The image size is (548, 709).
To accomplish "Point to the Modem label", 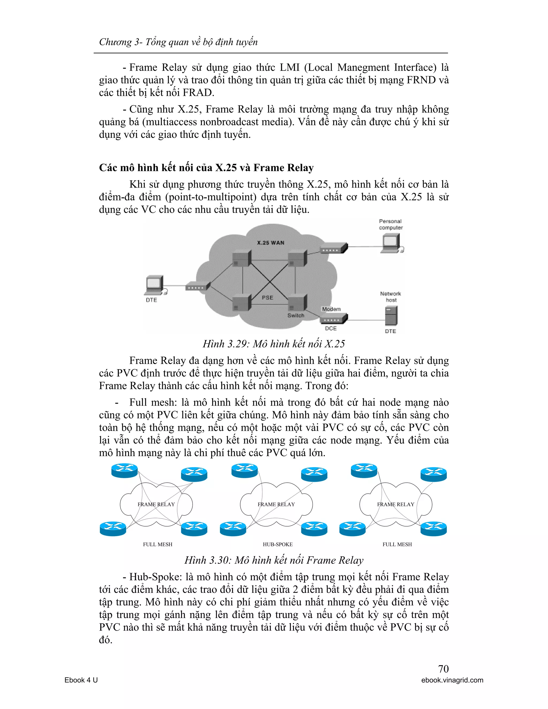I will tap(331, 309).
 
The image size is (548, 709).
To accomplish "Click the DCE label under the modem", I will tap(330, 328).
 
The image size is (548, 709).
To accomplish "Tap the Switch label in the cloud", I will tap(296, 315).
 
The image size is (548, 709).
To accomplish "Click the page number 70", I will tap(443, 669).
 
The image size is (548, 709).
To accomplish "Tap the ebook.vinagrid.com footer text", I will tap(452, 680).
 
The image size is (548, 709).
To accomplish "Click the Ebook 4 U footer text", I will tap(81, 680).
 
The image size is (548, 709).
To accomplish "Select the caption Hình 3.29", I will tap(274, 344).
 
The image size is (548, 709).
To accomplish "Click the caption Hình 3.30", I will tap(274, 560).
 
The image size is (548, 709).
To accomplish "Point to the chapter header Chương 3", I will tap(178, 42).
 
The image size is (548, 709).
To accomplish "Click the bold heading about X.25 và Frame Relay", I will tap(206, 167).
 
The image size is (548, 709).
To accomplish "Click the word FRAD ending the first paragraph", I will tap(198, 93).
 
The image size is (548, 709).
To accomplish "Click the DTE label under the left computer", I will tap(151, 300).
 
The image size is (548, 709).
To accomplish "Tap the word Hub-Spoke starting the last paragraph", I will tap(155, 577).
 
